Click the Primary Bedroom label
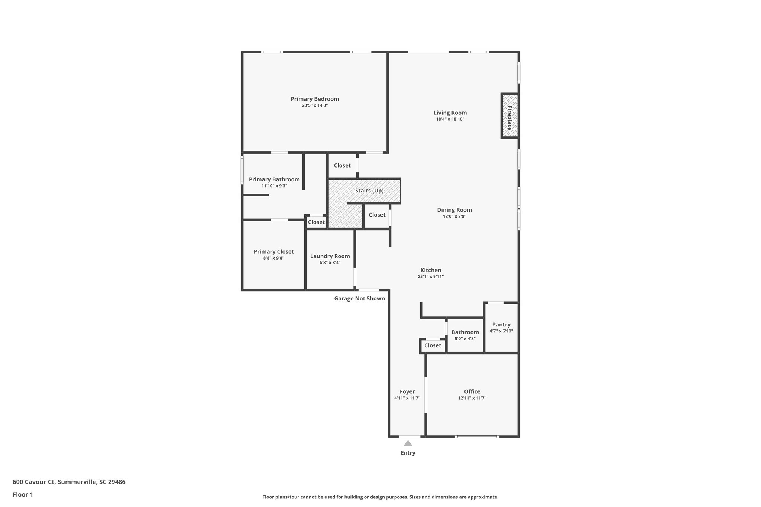coord(315,99)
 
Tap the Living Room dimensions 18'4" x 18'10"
coord(450,119)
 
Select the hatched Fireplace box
coord(509,116)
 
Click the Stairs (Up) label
coord(369,191)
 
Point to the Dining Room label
coord(454,210)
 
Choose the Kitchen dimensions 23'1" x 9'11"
coord(431,276)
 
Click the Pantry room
coord(501,327)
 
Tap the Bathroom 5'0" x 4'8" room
coord(465,335)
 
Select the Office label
coord(472,391)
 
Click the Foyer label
coord(407,391)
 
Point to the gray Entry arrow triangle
coord(408,443)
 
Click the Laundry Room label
coord(330,256)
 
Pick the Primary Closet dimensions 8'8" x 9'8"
coord(273,258)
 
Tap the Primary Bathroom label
coord(274,179)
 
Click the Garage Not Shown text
coord(359,298)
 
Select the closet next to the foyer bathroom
coord(433,345)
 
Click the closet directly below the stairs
coord(377,215)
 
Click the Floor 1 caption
coord(23,494)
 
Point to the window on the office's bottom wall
coord(476,436)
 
